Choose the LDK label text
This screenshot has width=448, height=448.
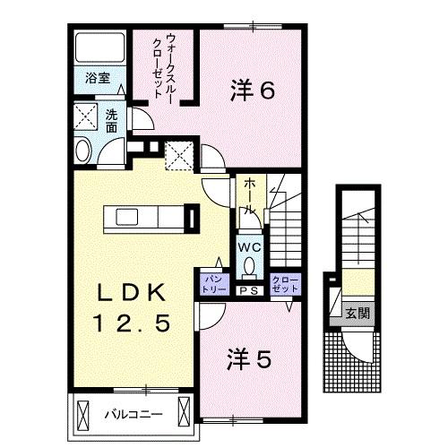(x=130, y=292)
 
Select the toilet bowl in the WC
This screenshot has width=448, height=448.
(x=249, y=266)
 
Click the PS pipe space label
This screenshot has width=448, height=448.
(x=248, y=289)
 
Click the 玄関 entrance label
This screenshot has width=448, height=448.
(x=360, y=314)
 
